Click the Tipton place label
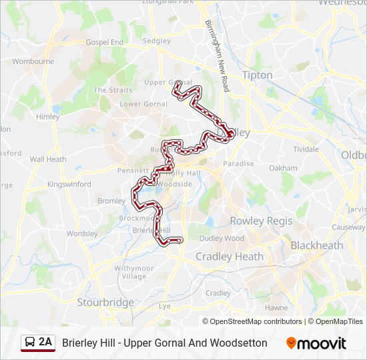pos(257,75)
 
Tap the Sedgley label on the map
pos(157,41)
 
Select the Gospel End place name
pos(105,42)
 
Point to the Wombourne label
pos(33,61)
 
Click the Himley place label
pos(48,116)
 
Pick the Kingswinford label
pos(69,184)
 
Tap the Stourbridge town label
pos(105,303)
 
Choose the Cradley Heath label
pos(229,257)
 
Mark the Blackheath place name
pos(316,245)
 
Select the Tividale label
pos(306,149)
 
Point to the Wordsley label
pos(82,234)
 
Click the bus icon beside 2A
pos(30,343)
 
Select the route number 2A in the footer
pos(45,343)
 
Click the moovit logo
pos(316,343)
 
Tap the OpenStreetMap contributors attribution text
pos(252,321)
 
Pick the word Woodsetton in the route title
pos(238,343)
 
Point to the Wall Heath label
pos(48,159)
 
